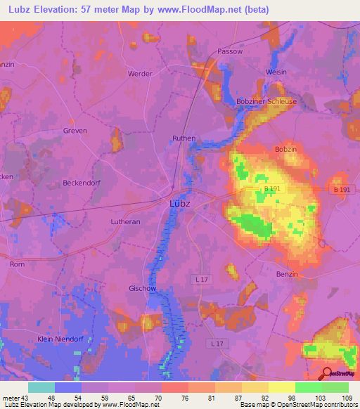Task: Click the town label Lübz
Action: pos(180,204)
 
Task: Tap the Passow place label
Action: pos(230,51)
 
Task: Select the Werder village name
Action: pos(140,73)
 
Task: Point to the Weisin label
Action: pos(276,72)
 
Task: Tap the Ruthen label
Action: pos(184,139)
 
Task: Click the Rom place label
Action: pos(17,264)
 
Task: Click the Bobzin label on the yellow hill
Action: pos(285,151)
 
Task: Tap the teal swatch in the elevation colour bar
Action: pos(41,387)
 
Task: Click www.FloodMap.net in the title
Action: pos(242,10)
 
